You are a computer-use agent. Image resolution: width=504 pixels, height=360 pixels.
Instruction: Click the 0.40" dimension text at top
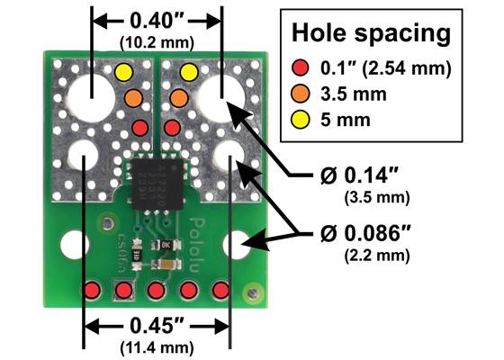point(157,19)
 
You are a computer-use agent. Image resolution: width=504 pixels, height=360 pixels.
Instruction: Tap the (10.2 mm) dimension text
point(157,40)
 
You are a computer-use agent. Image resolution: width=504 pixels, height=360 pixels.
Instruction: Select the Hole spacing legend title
point(370,33)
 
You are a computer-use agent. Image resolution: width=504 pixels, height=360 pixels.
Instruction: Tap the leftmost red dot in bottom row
point(92,290)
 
